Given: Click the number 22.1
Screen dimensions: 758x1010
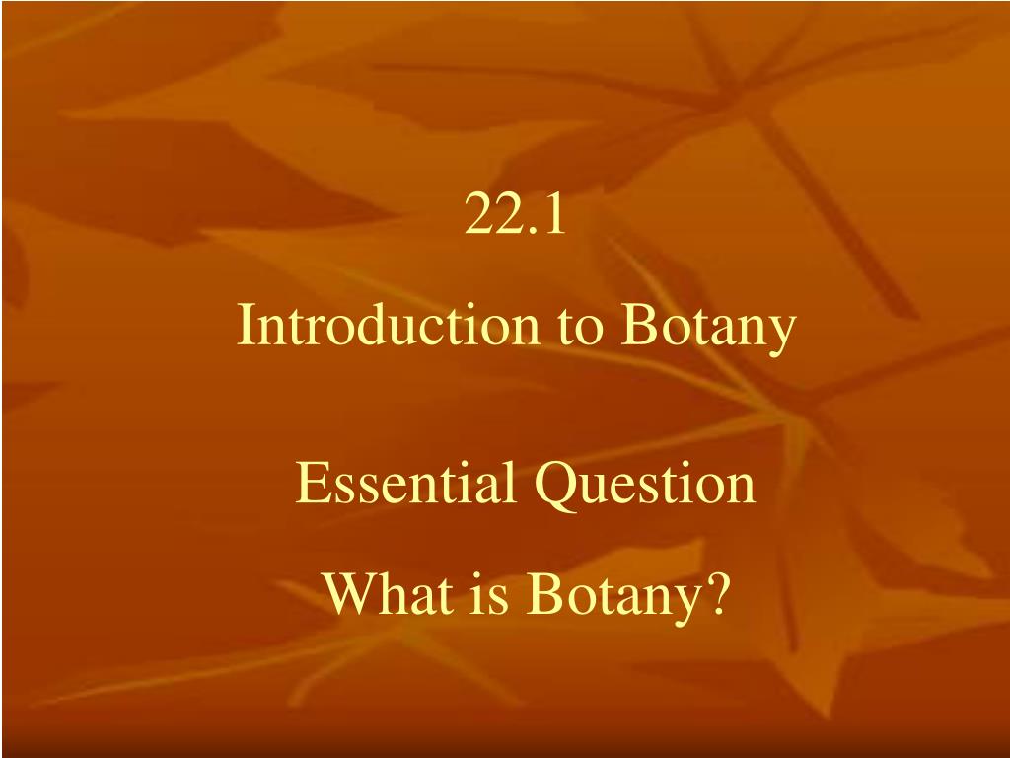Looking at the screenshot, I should click(x=516, y=217).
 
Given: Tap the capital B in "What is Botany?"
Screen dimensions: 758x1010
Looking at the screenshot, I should click(x=541, y=593).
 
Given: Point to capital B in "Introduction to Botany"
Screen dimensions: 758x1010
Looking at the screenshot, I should click(x=636, y=327).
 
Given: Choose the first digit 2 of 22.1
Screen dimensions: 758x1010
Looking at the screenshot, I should click(x=478, y=217).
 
